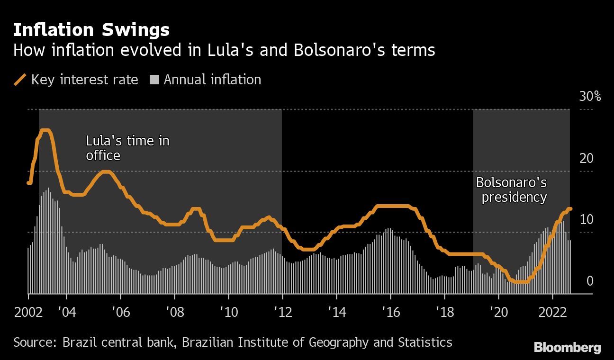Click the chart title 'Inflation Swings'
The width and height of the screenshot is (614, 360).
pyautogui.click(x=91, y=30)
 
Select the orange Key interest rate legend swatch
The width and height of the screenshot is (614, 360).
pyautogui.click(x=20, y=80)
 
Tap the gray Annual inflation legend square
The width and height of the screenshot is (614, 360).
pyautogui.click(x=154, y=80)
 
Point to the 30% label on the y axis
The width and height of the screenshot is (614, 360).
pyautogui.click(x=590, y=97)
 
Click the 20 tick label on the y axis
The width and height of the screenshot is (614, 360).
pyautogui.click(x=587, y=158)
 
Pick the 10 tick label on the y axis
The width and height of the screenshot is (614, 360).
pyautogui.click(x=587, y=220)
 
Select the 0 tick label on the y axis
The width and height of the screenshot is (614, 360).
pyautogui.click(x=590, y=281)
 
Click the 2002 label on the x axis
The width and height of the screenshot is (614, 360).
pyautogui.click(x=28, y=313)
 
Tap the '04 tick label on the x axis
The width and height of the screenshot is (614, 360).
pyautogui.click(x=67, y=313)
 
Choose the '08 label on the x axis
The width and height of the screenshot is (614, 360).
pyautogui.click(x=174, y=313)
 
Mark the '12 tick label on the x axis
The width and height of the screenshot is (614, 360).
pyautogui.click(x=282, y=313)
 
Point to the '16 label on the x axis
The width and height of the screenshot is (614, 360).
pyautogui.click(x=390, y=313)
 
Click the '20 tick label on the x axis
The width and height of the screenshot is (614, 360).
pyautogui.click(x=498, y=313)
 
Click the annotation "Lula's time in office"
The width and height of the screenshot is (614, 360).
pyautogui.click(x=127, y=148)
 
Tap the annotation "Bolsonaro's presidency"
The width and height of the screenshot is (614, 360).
pyautogui.click(x=512, y=189)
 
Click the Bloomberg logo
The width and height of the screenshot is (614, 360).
pyautogui.click(x=567, y=348)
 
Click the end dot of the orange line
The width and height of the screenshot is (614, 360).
pyautogui.click(x=570, y=209)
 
